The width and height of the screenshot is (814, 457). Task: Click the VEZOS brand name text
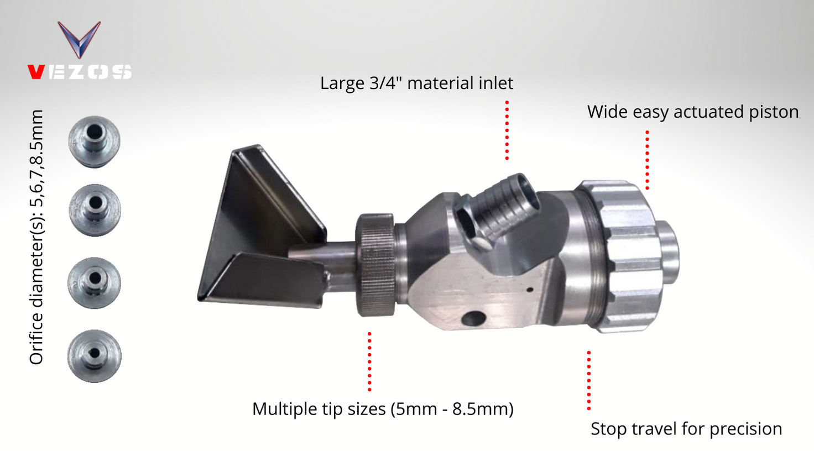coord(80,72)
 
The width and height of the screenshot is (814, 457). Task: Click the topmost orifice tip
coord(94,141)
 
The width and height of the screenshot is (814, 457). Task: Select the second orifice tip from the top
coord(95,211)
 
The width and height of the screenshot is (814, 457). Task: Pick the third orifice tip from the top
coord(94,283)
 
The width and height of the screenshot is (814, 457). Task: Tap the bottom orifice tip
coord(94,356)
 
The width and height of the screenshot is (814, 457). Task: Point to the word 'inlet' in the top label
coord(495,83)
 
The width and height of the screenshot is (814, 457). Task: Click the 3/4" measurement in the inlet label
coord(385,83)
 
